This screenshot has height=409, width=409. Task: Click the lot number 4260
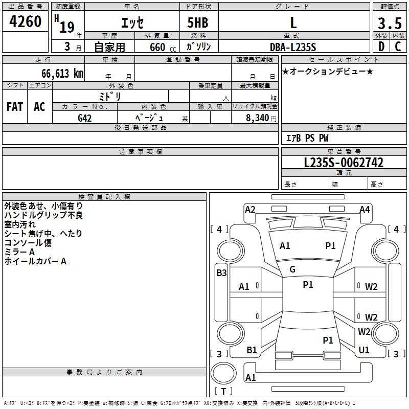point(26,21)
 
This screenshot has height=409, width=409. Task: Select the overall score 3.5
point(389,24)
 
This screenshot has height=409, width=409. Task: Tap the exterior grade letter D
point(381,47)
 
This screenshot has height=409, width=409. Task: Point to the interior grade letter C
point(398,47)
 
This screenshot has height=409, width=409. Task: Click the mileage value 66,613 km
point(59,73)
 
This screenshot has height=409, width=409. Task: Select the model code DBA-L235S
point(293,47)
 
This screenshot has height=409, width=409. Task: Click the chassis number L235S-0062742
point(344,163)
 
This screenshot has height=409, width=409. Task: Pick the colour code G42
point(85,118)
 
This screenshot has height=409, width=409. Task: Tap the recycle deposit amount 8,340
point(258,118)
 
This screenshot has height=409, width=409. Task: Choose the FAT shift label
point(15,107)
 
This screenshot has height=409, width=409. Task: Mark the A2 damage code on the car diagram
point(250,209)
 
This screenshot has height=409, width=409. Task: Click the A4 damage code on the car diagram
point(365,209)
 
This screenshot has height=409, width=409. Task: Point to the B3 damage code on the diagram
point(221,273)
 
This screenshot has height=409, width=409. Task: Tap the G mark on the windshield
point(292,269)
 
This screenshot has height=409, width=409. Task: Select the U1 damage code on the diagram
point(364,350)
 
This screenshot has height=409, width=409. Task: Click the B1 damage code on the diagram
point(252,350)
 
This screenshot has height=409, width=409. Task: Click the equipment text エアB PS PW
point(307,139)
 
